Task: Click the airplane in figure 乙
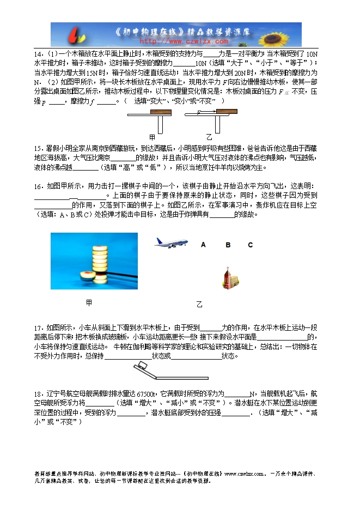tap(170, 242)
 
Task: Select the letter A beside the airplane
tap(203, 245)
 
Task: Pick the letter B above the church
tap(228, 245)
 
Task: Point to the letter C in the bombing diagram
tap(251, 245)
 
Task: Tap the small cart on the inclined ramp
tap(144, 366)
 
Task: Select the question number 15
tap(38, 148)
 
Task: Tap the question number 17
tap(38, 328)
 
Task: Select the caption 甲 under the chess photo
tap(89, 302)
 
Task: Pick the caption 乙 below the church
tap(199, 305)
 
